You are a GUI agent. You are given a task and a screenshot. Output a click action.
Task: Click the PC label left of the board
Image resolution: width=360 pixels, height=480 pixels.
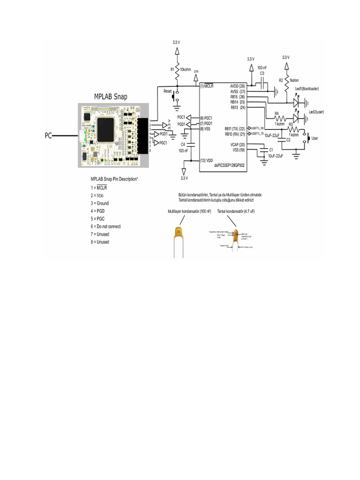[x=49, y=136]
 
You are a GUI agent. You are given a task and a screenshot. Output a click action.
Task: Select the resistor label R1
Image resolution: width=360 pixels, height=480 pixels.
[x=172, y=69]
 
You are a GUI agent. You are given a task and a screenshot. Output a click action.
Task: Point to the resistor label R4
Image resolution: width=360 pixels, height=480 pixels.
[x=277, y=113]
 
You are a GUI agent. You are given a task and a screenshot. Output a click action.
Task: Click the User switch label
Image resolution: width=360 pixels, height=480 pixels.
[x=315, y=139]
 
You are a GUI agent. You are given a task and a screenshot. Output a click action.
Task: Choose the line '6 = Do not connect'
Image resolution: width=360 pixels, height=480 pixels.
[x=105, y=226]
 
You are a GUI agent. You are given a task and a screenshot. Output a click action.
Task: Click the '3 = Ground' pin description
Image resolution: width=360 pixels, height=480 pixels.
[x=99, y=203]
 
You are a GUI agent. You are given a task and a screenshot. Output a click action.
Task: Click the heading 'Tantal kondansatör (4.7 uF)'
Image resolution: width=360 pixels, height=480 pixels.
[x=235, y=212]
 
